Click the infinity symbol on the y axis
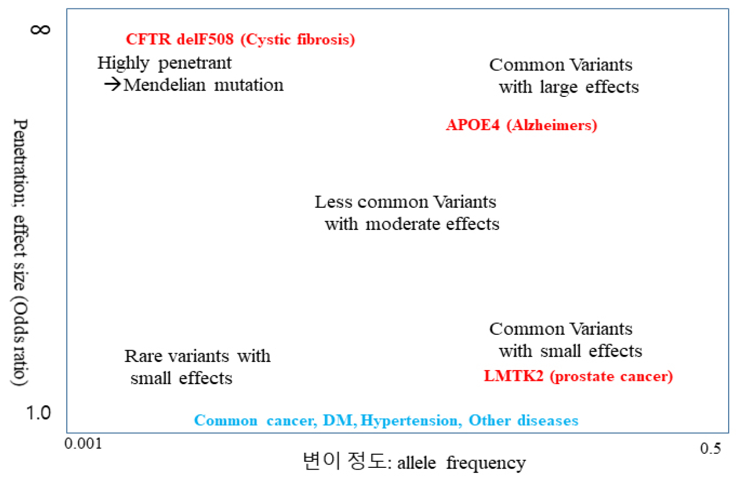tap(40, 30)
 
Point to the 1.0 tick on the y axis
tap(38, 413)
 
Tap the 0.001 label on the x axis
tap(83, 443)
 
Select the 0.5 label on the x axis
tap(710, 449)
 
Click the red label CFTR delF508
tap(179, 39)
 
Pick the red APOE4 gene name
tap(473, 125)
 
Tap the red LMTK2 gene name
tap(513, 376)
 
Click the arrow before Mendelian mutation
tap(112, 85)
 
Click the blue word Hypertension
tap(409, 420)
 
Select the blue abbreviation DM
tap(338, 420)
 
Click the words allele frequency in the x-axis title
tap(461, 463)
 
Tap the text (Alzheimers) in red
tap(552, 125)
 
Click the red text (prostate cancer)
tap(611, 377)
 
